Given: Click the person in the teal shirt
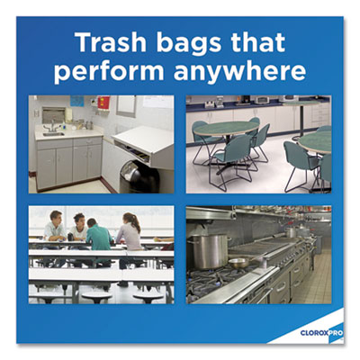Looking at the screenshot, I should point(99,237).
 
